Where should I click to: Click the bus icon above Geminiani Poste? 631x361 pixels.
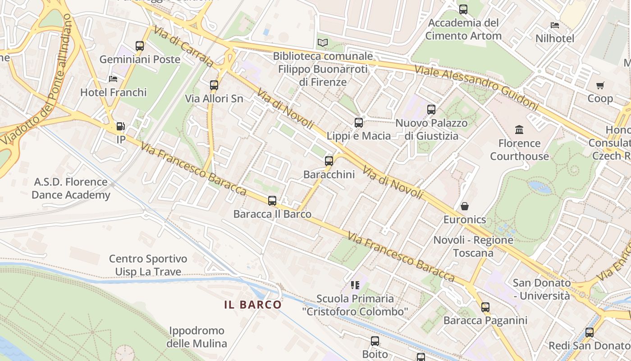(140, 46)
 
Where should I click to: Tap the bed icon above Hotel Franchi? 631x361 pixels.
(113, 79)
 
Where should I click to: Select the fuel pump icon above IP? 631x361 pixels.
(120, 127)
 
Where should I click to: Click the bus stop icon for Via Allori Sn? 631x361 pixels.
(214, 85)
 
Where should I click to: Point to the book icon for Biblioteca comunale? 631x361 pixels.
(323, 43)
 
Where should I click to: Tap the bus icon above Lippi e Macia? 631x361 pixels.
(359, 122)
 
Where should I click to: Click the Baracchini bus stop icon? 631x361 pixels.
(329, 161)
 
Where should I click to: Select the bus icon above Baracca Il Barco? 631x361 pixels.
(272, 201)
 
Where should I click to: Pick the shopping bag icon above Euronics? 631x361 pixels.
(465, 206)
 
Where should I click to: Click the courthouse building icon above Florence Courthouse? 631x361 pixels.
(519, 130)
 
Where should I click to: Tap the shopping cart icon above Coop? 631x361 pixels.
(600, 85)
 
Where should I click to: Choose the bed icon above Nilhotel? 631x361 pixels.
(555, 25)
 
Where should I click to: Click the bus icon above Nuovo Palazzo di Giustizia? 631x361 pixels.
(431, 109)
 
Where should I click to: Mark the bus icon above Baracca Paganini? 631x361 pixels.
(485, 307)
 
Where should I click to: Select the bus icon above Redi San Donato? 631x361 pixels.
(590, 333)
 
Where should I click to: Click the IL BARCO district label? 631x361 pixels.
(253, 305)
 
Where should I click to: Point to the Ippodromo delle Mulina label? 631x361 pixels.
(197, 337)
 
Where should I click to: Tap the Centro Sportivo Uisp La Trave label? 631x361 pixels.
(148, 265)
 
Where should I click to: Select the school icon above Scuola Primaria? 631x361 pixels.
(355, 285)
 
